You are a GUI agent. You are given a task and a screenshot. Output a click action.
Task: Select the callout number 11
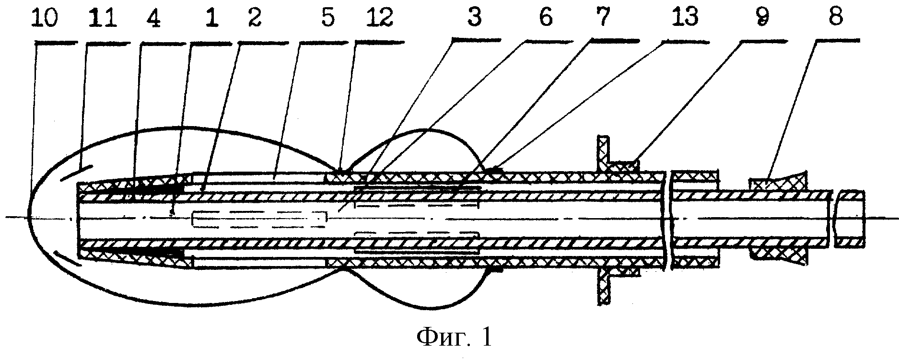(102, 18)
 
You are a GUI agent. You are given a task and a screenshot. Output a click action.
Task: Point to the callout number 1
(211, 18)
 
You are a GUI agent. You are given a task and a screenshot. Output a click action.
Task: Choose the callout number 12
(378, 18)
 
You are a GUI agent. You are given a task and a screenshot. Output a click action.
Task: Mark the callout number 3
(475, 18)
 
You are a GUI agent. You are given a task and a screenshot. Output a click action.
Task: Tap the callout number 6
(546, 18)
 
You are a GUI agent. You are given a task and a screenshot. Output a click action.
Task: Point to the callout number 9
(761, 18)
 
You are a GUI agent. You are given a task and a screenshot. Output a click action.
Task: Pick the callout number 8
(835, 18)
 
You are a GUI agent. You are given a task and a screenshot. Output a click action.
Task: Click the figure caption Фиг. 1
(454, 338)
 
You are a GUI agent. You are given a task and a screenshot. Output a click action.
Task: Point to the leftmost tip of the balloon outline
(27, 217)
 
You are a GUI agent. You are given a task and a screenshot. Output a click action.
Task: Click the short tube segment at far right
(850, 219)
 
